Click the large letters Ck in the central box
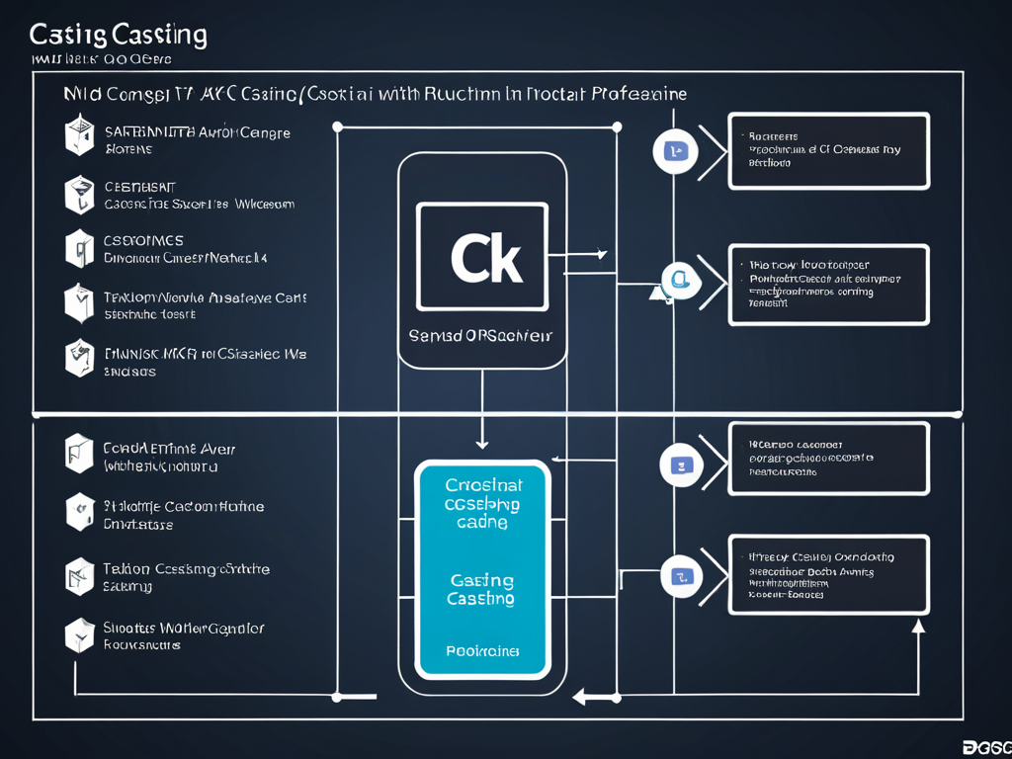tap(484, 259)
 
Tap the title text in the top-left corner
tap(118, 36)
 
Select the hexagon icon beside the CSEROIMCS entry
tap(79, 248)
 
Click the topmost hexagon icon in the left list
tap(79, 136)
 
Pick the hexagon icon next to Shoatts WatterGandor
tap(79, 635)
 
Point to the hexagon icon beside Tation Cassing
tap(79, 576)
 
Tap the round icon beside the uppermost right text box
tap(676, 151)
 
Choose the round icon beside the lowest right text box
tap(680, 576)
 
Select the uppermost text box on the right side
tap(828, 150)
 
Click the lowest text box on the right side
tap(828, 575)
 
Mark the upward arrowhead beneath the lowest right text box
tap(918, 625)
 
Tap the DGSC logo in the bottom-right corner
tap(985, 747)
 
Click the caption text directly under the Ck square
tap(481, 336)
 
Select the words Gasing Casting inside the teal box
tap(481, 589)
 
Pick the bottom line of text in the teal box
tap(482, 651)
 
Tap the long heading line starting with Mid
tap(375, 94)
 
